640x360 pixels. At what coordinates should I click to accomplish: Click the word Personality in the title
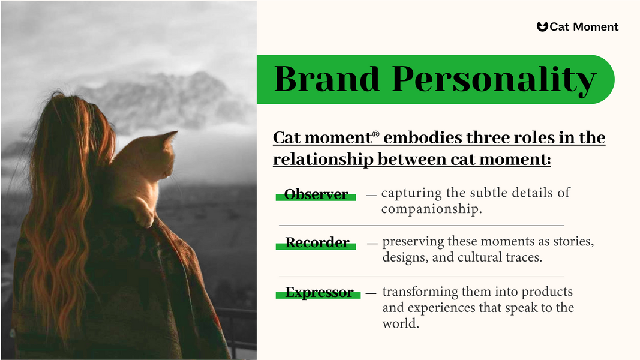494,80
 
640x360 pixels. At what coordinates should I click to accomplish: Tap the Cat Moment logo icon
542,26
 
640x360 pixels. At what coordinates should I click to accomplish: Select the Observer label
316,194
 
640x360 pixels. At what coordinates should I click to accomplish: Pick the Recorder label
317,243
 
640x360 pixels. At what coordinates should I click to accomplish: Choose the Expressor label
319,293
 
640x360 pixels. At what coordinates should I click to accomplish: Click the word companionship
431,209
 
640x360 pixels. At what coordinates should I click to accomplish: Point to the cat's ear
170,137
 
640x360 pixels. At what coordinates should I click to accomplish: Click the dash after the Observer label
371,194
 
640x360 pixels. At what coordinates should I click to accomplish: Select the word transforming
420,292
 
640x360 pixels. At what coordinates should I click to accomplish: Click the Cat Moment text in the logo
584,26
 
